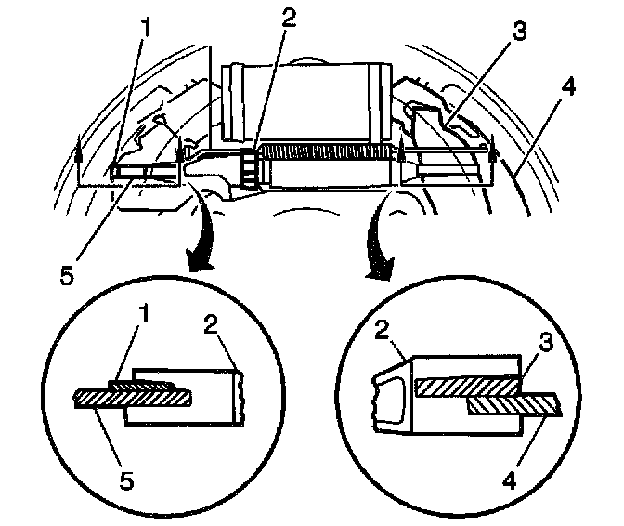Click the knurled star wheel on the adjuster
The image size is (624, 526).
click(x=248, y=167)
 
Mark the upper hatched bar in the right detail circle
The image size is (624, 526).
click(x=464, y=385)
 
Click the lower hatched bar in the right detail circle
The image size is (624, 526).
click(x=513, y=404)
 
